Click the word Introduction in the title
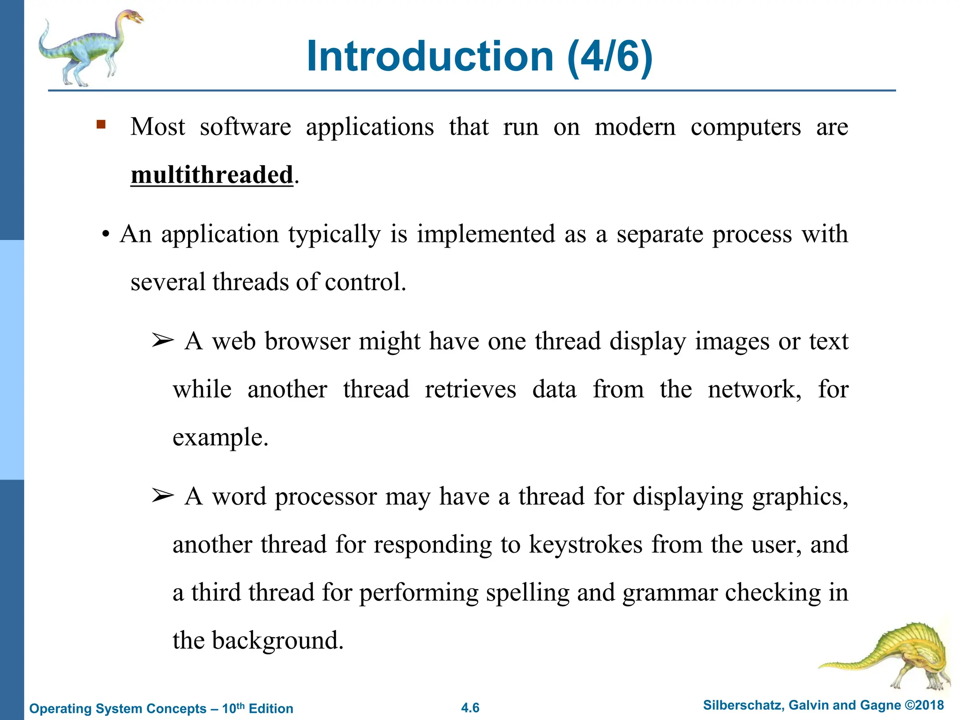(430, 56)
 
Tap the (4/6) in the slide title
(609, 56)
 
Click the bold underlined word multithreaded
(212, 175)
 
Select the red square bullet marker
(101, 125)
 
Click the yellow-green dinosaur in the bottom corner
(891, 656)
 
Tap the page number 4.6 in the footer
(470, 708)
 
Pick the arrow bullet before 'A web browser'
(162, 341)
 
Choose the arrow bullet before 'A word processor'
(162, 496)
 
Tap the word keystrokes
(585, 545)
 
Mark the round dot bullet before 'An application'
(106, 234)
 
